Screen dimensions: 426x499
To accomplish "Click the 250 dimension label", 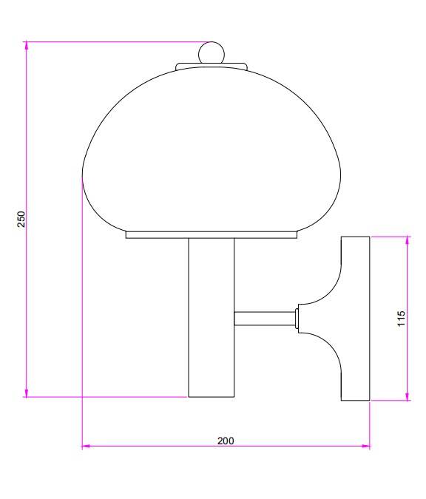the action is [x=21, y=219].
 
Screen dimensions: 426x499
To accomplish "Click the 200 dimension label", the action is [x=226, y=441].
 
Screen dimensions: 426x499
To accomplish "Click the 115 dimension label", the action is [x=401, y=318].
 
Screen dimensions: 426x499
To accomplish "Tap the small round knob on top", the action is [x=212, y=53].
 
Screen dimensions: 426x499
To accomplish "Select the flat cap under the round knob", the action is [x=212, y=67].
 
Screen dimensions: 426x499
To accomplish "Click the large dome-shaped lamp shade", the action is [x=212, y=149].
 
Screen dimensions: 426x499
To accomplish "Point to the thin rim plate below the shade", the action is [x=212, y=235].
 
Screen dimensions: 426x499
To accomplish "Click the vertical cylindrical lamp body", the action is [x=212, y=318].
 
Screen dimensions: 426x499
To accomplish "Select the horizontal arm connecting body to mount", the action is [x=265, y=319].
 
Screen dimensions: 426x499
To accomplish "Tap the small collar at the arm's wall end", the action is [x=297, y=319].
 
